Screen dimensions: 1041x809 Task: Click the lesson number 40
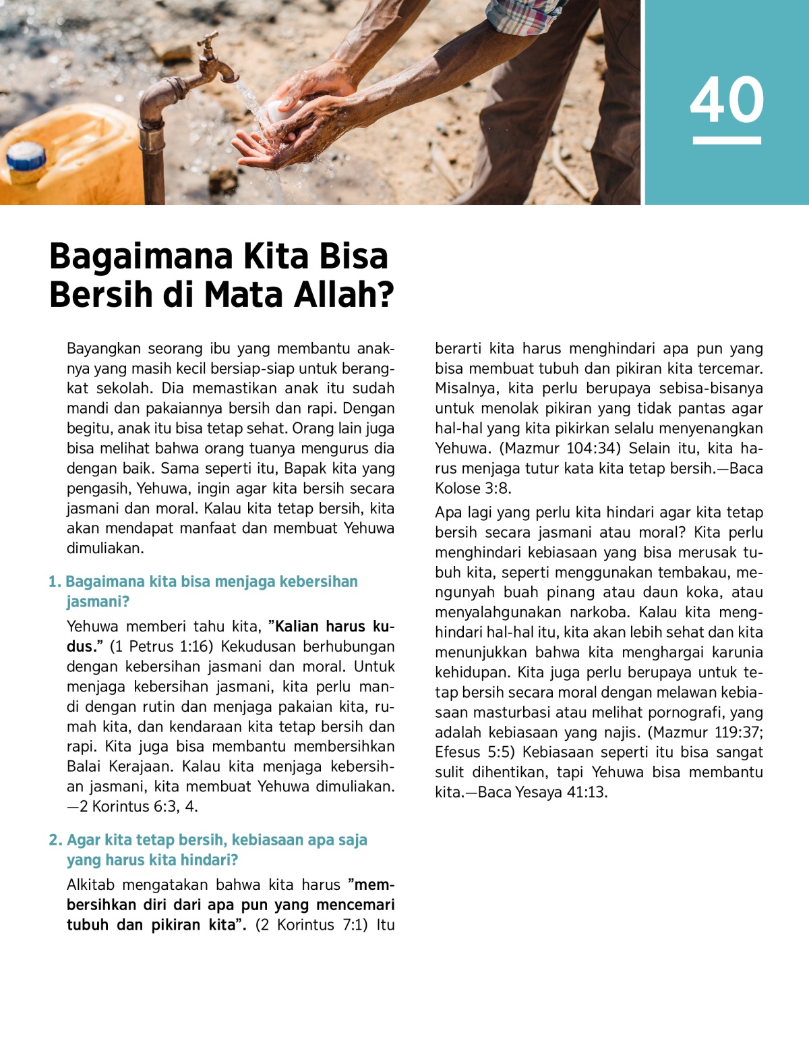[727, 100]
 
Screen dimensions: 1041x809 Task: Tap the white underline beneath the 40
[727, 140]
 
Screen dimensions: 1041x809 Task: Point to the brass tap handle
[207, 46]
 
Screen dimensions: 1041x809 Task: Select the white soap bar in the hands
[278, 110]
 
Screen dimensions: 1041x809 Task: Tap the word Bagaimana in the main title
[140, 256]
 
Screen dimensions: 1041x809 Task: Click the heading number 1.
[54, 582]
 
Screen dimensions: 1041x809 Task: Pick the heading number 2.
[55, 840]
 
